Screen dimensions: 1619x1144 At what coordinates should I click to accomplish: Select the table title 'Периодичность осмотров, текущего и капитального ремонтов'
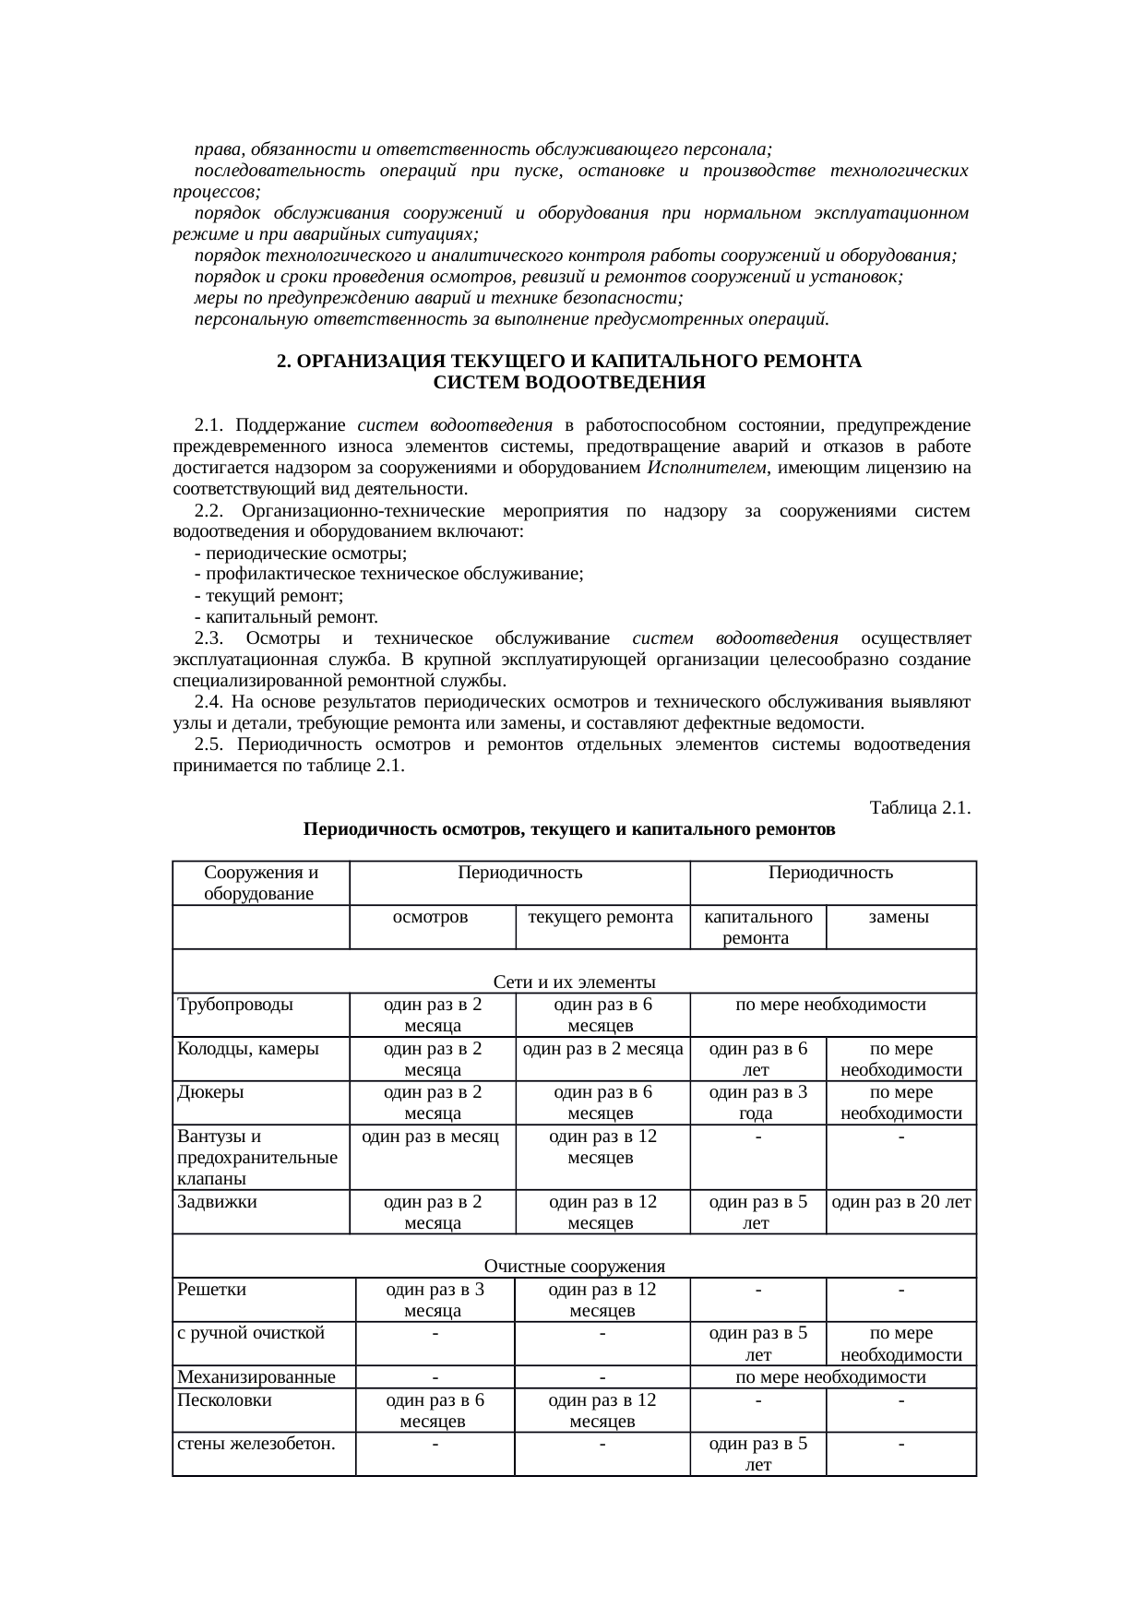click(569, 829)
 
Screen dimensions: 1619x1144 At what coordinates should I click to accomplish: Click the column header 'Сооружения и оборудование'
click(261, 883)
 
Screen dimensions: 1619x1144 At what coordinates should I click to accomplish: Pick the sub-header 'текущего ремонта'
click(602, 917)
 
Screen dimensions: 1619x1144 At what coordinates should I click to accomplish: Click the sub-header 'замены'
click(900, 917)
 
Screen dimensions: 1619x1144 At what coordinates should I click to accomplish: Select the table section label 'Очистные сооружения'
click(574, 1266)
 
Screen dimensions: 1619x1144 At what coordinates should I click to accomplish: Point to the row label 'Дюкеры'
click(210, 1092)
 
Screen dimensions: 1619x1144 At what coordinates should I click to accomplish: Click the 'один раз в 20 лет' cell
click(900, 1202)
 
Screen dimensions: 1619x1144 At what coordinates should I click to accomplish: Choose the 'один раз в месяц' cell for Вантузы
click(431, 1137)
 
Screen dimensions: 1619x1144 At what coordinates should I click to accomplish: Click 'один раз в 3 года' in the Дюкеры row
click(757, 1102)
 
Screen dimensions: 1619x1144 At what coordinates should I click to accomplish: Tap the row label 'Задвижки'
click(217, 1202)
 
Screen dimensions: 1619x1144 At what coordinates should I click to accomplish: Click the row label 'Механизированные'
click(256, 1377)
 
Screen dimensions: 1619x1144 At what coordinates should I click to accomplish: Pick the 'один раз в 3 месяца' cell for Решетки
click(435, 1300)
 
